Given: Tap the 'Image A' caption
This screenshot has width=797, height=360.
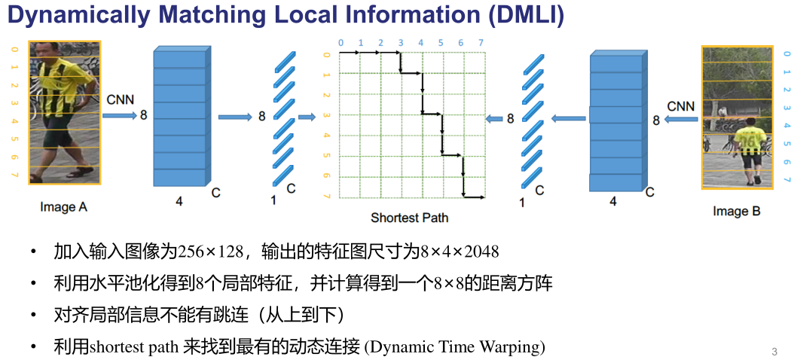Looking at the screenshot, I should (63, 207).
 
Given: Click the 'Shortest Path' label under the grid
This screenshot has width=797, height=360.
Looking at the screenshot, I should (409, 218).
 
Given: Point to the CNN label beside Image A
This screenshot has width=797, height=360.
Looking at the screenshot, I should (121, 99).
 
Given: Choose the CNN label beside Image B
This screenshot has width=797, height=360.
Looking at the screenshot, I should (680, 105).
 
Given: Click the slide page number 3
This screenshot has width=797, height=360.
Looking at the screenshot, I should (774, 352).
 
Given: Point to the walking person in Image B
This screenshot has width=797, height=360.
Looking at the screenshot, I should (750, 151).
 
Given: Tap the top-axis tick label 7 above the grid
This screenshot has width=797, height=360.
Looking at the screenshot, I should (481, 43).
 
